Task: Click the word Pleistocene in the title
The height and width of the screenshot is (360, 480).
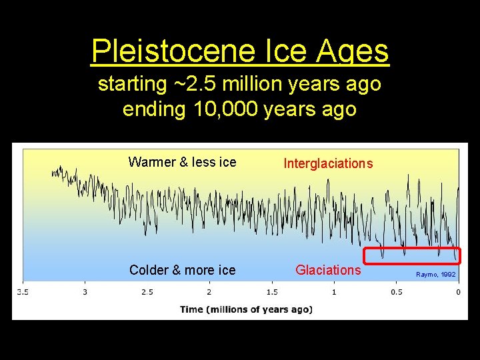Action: (x=179, y=51)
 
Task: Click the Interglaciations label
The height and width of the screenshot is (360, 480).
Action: (x=328, y=163)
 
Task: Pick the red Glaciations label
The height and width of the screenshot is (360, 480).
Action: (x=328, y=270)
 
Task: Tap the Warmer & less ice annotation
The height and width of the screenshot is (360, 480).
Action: (x=182, y=162)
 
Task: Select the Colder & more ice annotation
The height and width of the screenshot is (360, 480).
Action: (x=182, y=270)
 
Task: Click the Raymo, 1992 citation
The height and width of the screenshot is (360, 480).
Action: (x=436, y=275)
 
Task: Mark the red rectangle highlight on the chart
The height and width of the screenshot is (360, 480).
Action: (x=411, y=256)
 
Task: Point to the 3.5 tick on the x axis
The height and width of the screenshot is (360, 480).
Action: (x=23, y=292)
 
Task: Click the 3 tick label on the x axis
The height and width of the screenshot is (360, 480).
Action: (x=85, y=292)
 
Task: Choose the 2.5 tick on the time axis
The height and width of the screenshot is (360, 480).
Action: (x=147, y=292)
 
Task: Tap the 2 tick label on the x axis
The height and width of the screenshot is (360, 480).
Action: (x=209, y=292)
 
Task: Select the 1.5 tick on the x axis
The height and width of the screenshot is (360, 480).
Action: (x=271, y=292)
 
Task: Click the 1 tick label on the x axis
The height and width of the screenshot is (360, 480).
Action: (x=334, y=292)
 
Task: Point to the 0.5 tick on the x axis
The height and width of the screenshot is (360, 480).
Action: (x=396, y=292)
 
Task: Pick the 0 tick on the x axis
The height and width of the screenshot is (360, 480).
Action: (x=458, y=292)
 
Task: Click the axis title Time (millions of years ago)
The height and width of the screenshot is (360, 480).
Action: (x=246, y=309)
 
